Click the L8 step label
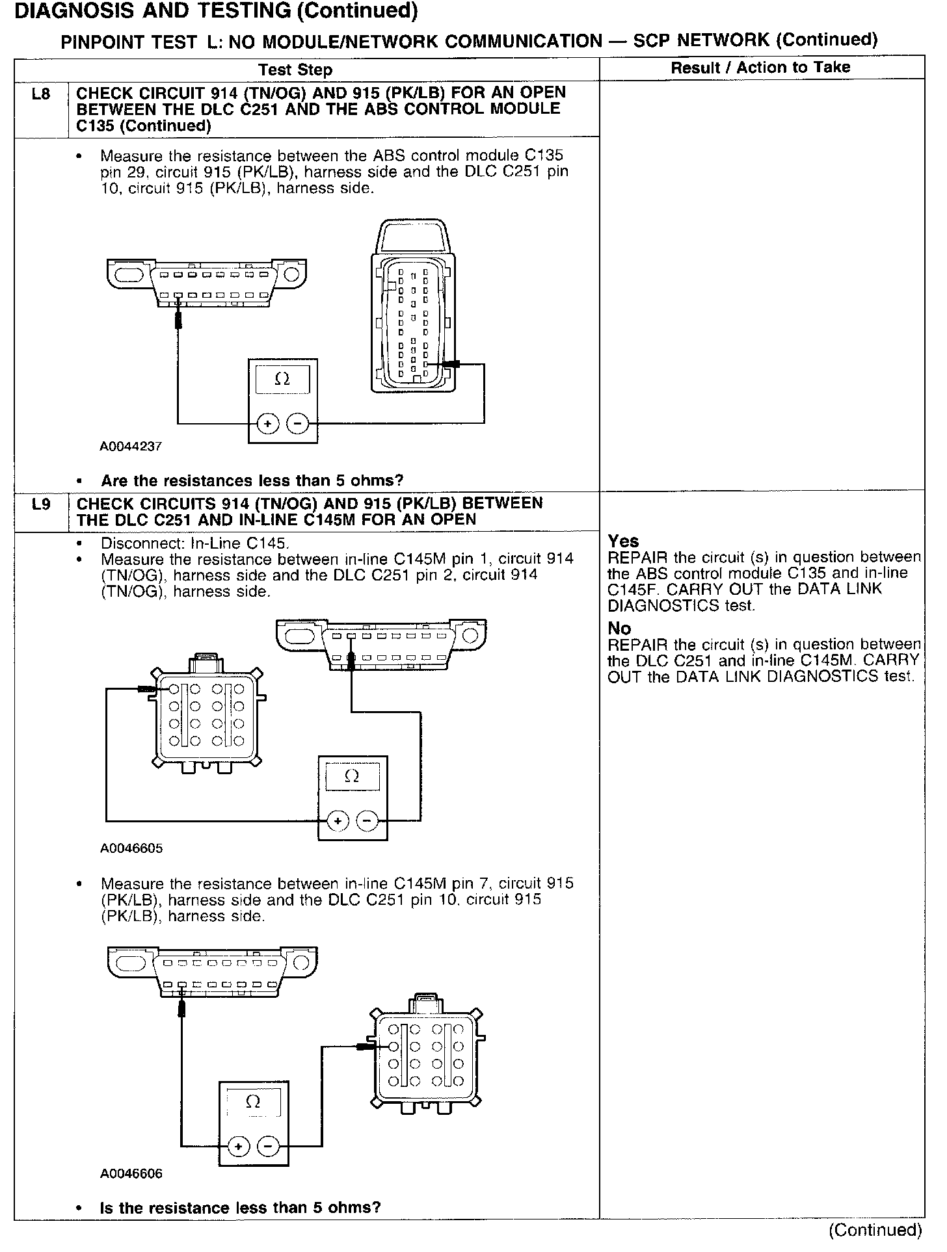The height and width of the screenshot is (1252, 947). tap(40, 94)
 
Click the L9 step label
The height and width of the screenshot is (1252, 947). tap(40, 504)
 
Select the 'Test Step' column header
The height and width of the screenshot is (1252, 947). tap(295, 70)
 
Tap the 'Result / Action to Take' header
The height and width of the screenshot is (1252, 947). tap(760, 68)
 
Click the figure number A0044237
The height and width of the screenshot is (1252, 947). tap(131, 447)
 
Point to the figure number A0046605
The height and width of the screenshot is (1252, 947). tap(131, 848)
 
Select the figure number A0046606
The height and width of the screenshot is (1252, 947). tap(131, 1173)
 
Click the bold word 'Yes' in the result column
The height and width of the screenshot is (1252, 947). tap(623, 541)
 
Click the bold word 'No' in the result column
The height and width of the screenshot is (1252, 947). tap(619, 629)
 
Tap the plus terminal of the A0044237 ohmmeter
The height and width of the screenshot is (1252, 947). tap(267, 424)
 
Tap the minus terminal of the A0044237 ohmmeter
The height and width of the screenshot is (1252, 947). tap(297, 424)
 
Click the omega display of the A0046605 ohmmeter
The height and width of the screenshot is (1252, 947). tap(352, 776)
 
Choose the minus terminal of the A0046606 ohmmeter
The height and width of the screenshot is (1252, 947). tap(268, 1146)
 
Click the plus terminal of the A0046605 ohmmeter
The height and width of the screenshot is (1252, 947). tap(337, 822)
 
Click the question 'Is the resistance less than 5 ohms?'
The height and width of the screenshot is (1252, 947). tap(240, 1208)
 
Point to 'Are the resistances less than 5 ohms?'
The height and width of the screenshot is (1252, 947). tap(252, 481)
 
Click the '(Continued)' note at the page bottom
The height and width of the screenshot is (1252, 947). tap(875, 1230)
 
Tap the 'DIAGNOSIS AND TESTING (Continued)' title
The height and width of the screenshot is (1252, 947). tap(216, 11)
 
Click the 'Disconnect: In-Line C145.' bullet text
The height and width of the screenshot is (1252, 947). tap(195, 543)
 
